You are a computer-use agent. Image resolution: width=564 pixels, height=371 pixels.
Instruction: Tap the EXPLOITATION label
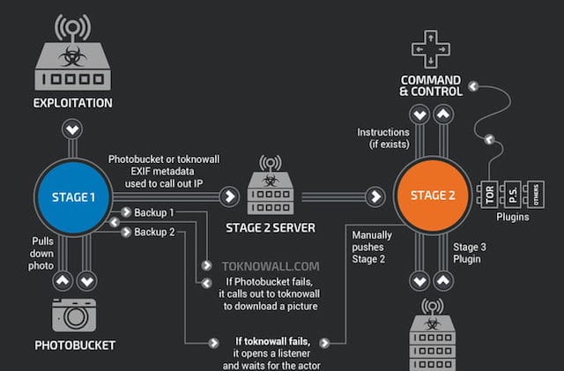pos(73,102)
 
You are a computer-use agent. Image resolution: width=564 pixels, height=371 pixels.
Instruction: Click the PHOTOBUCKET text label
pos(74,345)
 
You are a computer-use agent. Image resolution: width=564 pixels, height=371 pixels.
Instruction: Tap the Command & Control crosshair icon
pos(430,49)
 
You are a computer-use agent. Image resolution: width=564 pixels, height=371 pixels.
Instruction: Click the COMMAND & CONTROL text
pos(430,84)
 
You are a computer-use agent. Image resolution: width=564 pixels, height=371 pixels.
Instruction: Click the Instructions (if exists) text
pos(382,137)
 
